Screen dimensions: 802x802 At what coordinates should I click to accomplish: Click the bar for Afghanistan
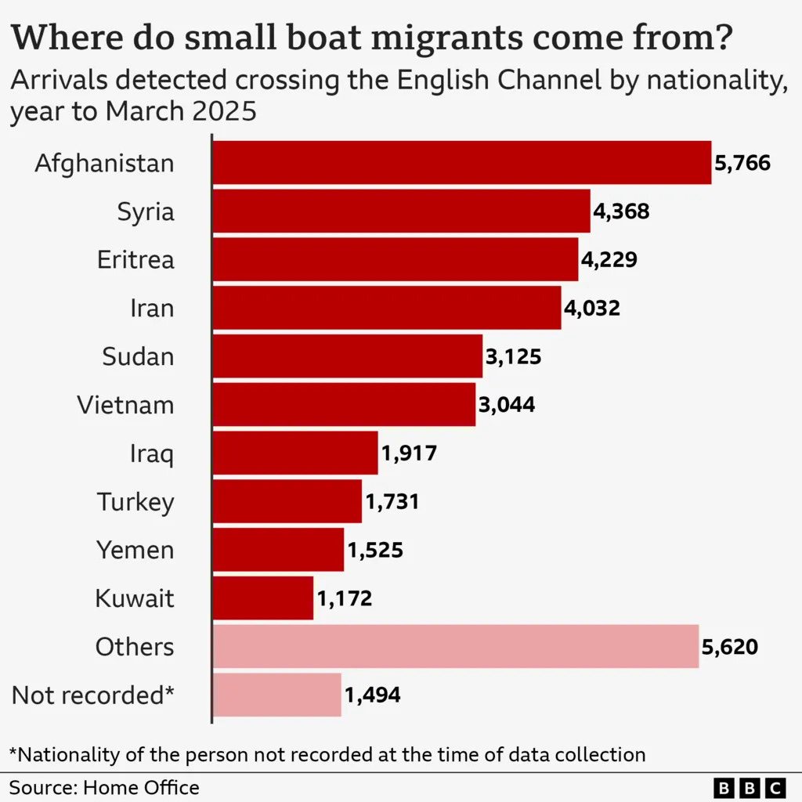[462, 163]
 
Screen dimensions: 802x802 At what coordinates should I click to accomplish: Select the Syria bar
[401, 211]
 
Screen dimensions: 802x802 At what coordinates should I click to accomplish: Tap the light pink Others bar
[455, 647]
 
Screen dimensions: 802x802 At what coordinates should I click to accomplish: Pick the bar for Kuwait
[263, 599]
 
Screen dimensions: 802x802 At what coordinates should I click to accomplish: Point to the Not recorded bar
[277, 695]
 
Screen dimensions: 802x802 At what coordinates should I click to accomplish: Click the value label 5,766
[742, 163]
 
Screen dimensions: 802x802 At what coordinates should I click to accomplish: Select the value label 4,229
[609, 260]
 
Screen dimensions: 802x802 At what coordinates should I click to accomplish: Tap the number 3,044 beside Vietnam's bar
[507, 405]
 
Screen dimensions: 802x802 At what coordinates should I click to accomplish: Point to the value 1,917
[409, 453]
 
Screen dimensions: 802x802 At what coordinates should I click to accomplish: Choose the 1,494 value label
[372, 695]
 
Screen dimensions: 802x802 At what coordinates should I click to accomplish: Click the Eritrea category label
[135, 260]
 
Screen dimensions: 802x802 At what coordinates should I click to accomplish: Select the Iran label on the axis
[152, 309]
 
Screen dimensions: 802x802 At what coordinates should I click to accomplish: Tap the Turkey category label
[135, 502]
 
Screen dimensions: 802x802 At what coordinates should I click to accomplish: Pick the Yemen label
[135, 550]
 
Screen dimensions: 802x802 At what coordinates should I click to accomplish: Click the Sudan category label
[138, 357]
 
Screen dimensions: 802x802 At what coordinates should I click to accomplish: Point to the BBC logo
[750, 787]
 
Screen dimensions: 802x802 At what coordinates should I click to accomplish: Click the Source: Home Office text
[104, 787]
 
